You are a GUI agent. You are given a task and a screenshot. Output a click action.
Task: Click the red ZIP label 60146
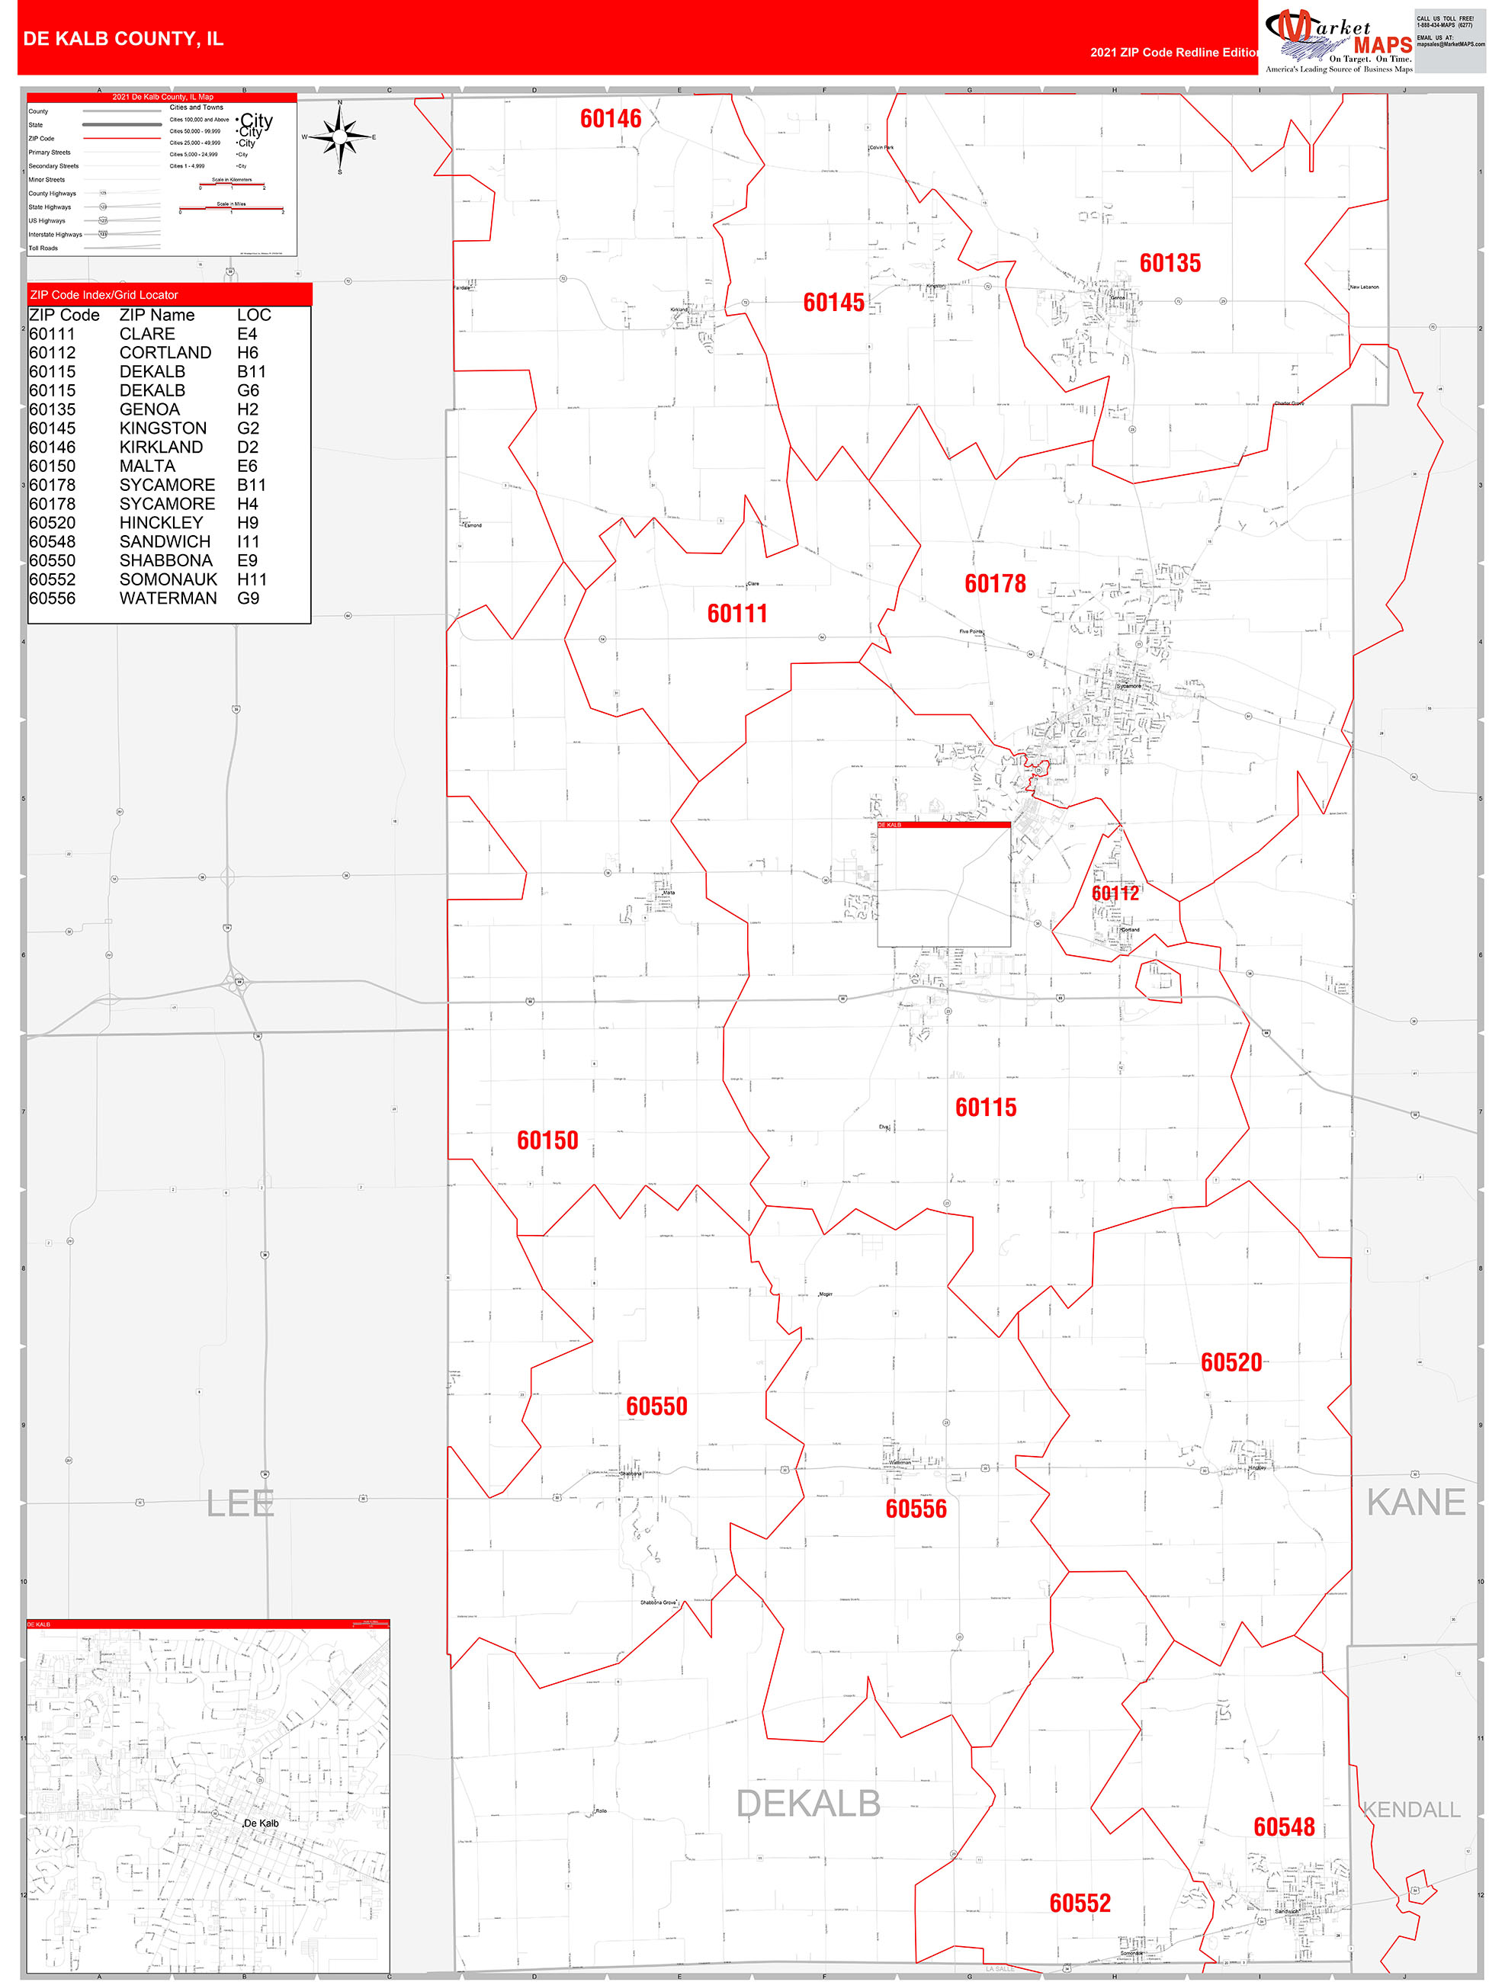611,118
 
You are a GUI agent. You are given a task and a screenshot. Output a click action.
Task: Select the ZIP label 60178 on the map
995,583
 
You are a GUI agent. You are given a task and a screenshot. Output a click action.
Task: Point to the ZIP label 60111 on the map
736,613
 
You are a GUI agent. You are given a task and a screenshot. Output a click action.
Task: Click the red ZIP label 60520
1231,1362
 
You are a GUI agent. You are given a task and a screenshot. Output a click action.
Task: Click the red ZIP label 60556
915,1508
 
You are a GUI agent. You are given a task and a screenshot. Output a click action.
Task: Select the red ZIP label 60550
656,1406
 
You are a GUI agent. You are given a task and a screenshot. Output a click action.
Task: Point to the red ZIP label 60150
547,1140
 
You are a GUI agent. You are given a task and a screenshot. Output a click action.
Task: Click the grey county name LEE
239,1503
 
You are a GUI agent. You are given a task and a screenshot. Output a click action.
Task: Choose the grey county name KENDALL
1411,1809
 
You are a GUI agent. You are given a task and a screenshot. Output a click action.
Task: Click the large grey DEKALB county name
807,1804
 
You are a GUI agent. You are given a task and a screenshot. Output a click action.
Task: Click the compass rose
340,137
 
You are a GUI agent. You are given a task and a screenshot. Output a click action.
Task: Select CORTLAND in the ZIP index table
165,352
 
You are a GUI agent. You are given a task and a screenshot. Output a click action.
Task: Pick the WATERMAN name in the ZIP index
168,598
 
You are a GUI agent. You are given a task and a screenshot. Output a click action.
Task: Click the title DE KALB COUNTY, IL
123,39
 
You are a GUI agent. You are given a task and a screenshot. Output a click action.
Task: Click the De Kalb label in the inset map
262,1823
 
